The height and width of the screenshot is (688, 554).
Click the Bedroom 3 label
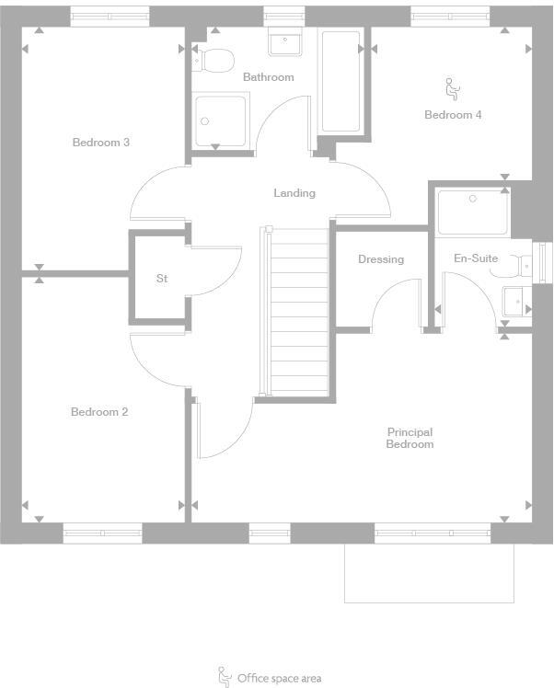click(100, 143)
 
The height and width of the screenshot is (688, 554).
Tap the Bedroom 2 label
click(99, 412)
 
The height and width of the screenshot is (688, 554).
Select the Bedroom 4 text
click(453, 115)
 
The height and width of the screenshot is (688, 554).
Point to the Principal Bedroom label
click(410, 438)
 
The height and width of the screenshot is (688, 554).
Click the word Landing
click(294, 193)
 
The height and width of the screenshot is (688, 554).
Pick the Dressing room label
click(381, 259)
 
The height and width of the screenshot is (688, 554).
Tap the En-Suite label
click(476, 258)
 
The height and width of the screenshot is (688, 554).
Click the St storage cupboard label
click(162, 279)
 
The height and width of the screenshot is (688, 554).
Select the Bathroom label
click(268, 77)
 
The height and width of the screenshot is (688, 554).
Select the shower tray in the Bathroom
click(221, 121)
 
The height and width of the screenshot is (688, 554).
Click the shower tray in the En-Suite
click(472, 212)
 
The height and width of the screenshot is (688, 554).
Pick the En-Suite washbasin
click(516, 301)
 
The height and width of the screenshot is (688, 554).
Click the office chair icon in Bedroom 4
click(452, 89)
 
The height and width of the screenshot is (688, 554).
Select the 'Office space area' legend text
click(279, 678)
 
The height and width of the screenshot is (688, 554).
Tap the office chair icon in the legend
click(224, 677)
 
